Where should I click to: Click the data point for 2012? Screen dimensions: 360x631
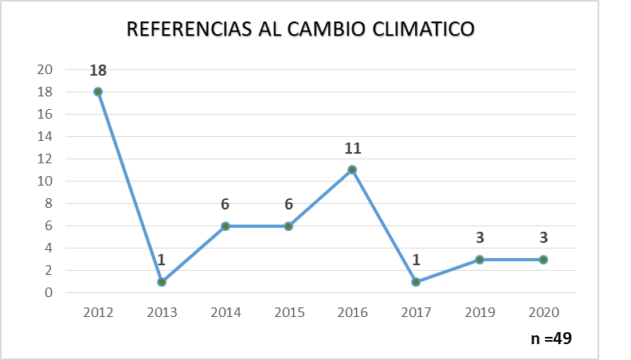pos(98,92)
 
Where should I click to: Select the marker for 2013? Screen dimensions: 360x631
pos(162,282)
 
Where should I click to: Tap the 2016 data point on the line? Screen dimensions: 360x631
pos(352,170)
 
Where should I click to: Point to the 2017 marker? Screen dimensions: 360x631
pos(416,282)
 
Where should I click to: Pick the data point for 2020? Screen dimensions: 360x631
pos(543,260)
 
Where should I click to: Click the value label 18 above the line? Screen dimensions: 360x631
pos(98,70)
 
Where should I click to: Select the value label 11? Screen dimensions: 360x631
pos(352,148)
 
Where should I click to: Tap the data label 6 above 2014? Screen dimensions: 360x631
pos(225,205)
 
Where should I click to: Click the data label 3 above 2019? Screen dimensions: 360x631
pos(480,238)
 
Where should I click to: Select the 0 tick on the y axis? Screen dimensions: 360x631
pos(49,292)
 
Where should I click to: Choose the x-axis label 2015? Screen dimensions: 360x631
pos(288,311)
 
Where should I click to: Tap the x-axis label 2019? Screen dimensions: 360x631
pos(480,311)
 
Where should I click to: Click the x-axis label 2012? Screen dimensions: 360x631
pos(98,311)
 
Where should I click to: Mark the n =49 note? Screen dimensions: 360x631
pos(551,338)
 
